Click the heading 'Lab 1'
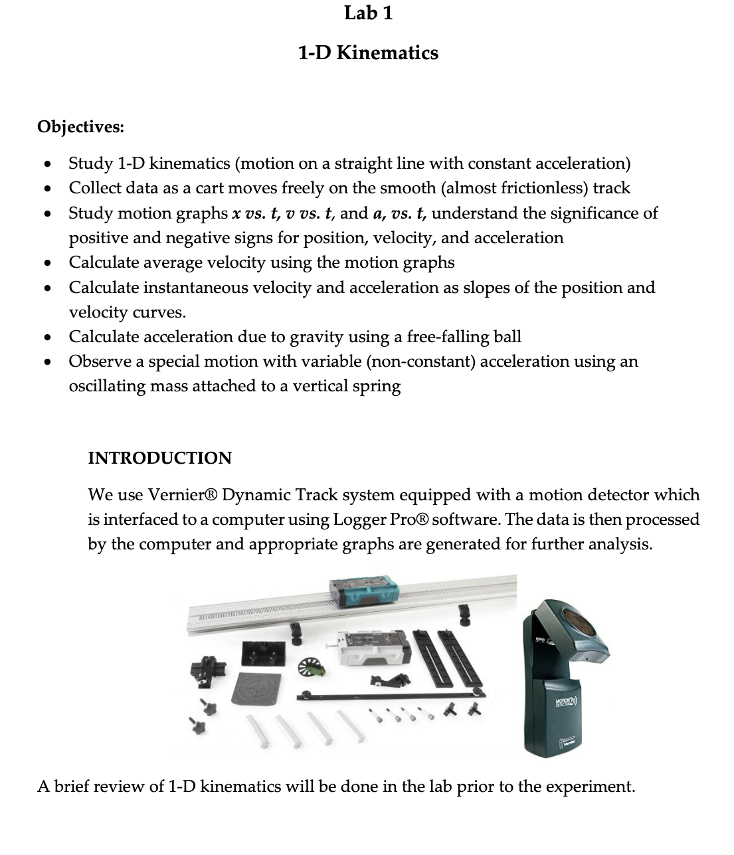(368, 13)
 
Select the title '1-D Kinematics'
(368, 52)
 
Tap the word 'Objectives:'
(80, 126)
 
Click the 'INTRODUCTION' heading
(159, 458)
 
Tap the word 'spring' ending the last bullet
(377, 387)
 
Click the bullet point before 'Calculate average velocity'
(46, 263)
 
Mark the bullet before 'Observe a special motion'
(46, 362)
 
